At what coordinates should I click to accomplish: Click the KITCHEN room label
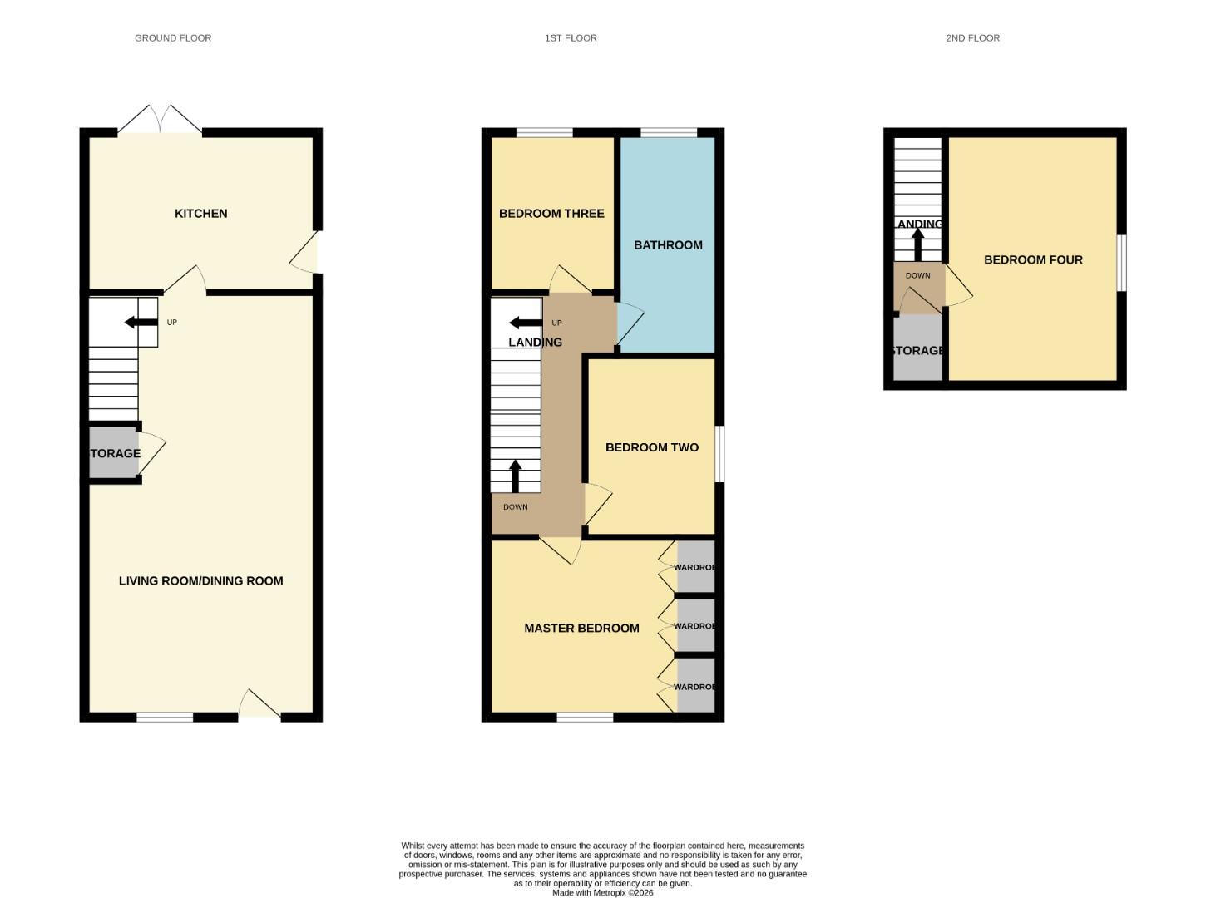tap(200, 214)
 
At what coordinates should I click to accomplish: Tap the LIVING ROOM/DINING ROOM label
tap(200, 581)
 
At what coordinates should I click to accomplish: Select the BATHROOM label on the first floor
tap(668, 245)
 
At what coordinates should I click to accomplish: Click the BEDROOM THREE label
tap(551, 214)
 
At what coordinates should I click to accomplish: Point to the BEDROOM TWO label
tap(651, 447)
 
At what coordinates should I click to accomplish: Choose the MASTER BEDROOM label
tap(581, 629)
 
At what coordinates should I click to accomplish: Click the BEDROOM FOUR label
tap(1033, 260)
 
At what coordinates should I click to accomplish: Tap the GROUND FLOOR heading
tap(173, 38)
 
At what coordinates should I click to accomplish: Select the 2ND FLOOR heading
tap(972, 38)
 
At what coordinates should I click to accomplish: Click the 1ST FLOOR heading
tap(571, 38)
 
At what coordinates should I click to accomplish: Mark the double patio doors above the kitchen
tap(160, 120)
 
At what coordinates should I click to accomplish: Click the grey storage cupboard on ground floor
tap(113, 453)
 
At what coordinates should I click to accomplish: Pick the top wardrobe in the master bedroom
tap(695, 567)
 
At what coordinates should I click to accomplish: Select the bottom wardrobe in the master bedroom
tap(695, 686)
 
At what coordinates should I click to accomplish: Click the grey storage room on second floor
tap(917, 351)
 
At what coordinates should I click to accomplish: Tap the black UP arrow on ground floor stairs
tap(133, 323)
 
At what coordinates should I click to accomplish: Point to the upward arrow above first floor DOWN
tap(515, 476)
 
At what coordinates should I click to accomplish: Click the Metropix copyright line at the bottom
tap(603, 893)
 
